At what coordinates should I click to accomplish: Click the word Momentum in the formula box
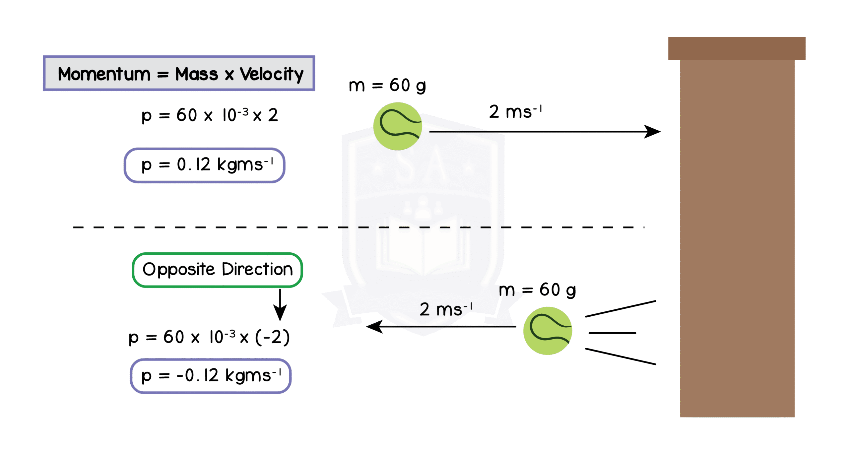coord(104,74)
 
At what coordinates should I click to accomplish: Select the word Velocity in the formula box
coord(272,74)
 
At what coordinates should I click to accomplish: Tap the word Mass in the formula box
coord(196,74)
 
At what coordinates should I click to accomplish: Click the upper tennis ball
coord(397,126)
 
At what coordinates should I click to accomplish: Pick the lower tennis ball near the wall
coord(548,331)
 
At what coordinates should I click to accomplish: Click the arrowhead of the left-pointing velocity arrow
coord(374,327)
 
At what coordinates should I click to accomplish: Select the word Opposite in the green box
coord(178,270)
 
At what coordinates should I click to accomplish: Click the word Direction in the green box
coord(257,269)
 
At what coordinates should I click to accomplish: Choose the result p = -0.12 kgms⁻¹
coord(211,376)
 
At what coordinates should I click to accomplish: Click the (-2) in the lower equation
coord(273,337)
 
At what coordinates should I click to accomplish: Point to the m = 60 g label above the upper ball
coord(387,86)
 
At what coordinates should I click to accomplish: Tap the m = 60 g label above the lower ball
coord(537,290)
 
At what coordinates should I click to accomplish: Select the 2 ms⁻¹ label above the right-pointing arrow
coord(515,112)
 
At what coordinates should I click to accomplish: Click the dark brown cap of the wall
coord(737,48)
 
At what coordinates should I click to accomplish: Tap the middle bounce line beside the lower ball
coord(612,333)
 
